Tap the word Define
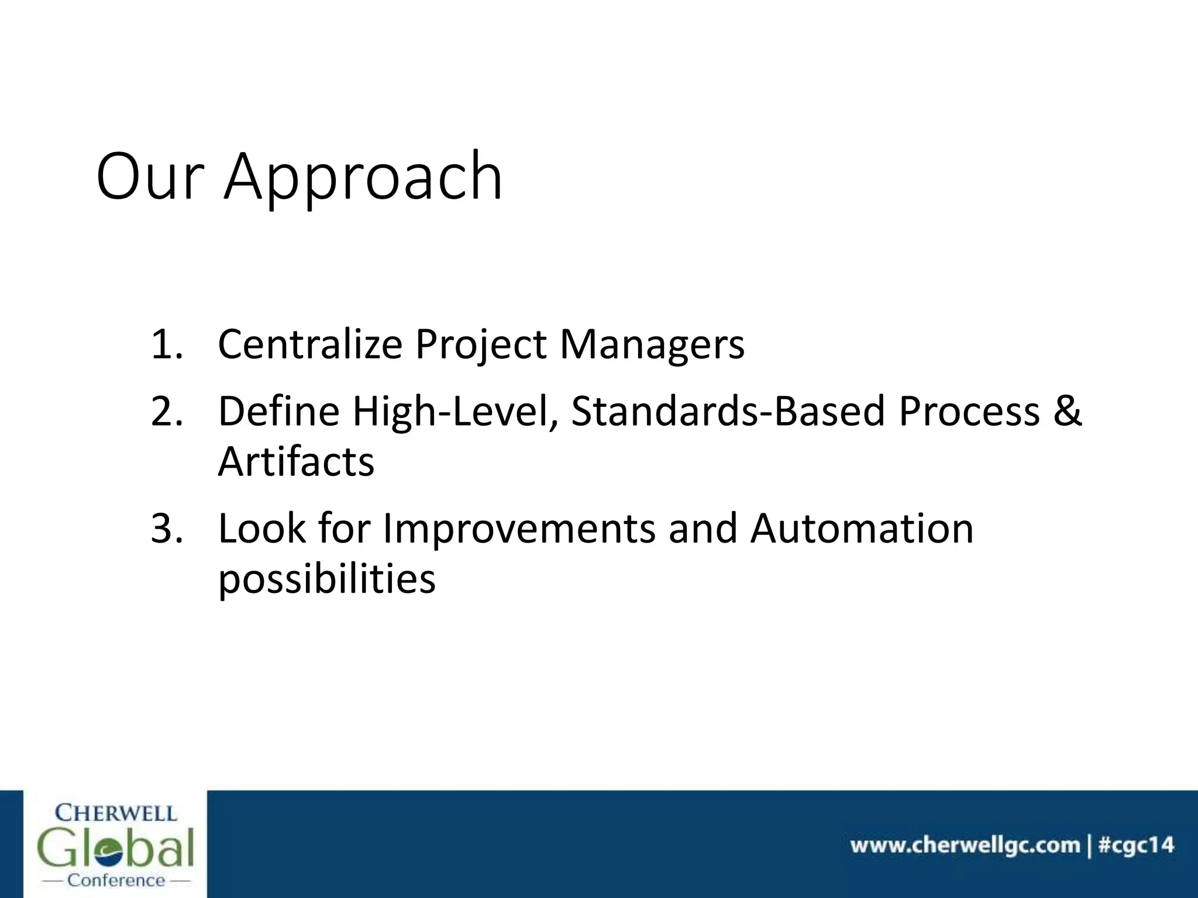tap(278, 411)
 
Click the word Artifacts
tap(296, 462)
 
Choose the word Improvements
tap(519, 529)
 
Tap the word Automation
tap(862, 529)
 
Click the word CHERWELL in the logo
tap(115, 813)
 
